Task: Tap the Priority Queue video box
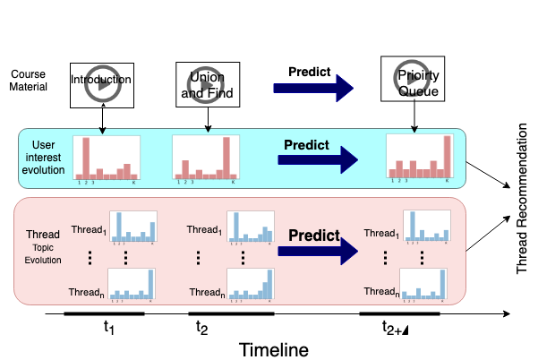click(413, 78)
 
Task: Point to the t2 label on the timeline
click(202, 327)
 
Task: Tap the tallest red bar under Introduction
click(87, 158)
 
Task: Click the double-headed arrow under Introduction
click(103, 119)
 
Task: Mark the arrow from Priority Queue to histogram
click(414, 120)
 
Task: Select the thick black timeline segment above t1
click(104, 314)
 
